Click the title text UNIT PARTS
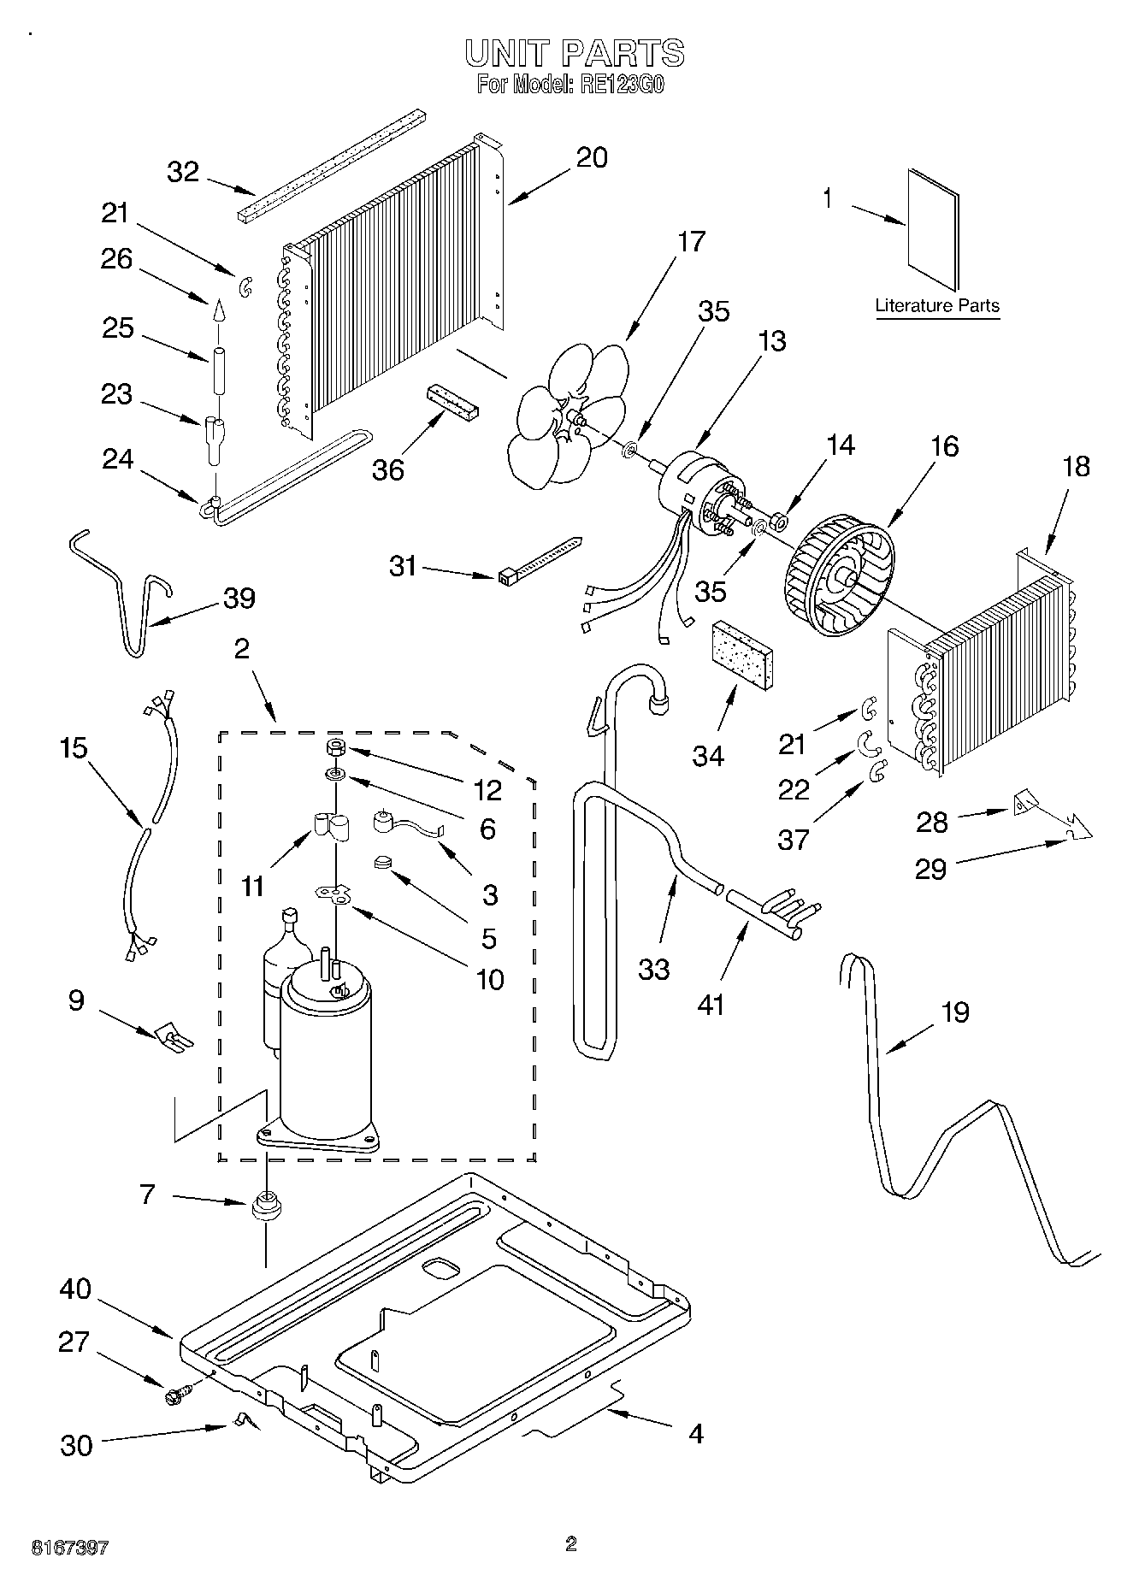(574, 53)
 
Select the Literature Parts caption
(937, 306)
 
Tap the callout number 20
(592, 157)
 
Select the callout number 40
(75, 1289)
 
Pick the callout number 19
(954, 1012)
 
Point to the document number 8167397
(70, 1548)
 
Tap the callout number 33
(653, 970)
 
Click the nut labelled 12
(334, 748)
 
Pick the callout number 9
(76, 1000)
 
